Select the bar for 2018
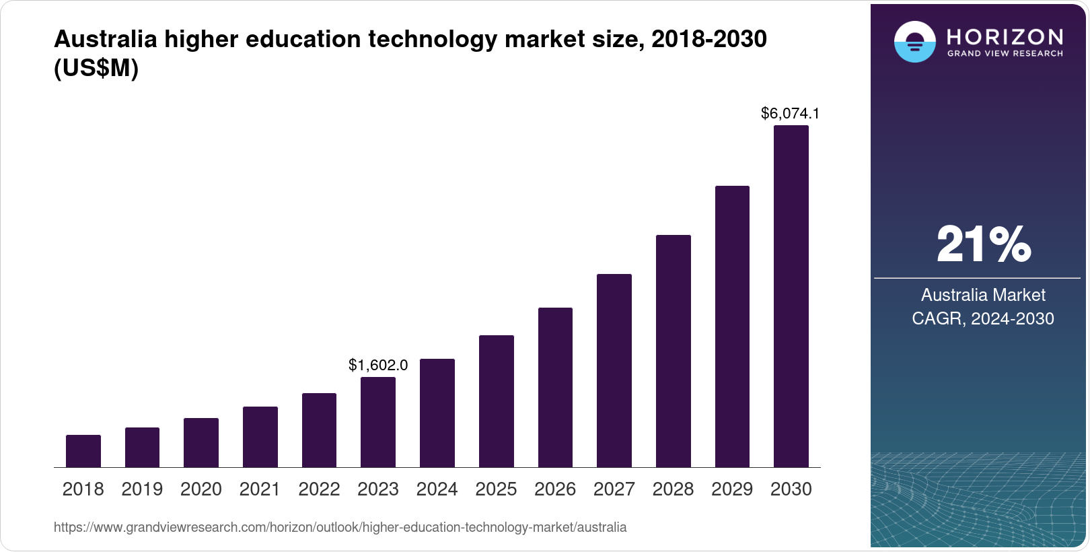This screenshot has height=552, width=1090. (83, 451)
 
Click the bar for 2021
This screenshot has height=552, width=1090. (260, 437)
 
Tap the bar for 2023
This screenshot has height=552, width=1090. (378, 422)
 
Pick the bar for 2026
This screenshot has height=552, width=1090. (555, 387)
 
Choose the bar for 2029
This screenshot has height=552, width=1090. (732, 326)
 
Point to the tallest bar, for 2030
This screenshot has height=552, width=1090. (791, 296)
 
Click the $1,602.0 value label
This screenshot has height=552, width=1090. (378, 365)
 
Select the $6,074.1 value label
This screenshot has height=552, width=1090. (790, 113)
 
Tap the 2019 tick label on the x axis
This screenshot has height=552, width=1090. (142, 489)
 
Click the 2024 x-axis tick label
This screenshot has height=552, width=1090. (437, 489)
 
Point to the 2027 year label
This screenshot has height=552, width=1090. (614, 489)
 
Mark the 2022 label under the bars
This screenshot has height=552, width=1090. (319, 489)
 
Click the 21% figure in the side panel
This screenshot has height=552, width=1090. (983, 244)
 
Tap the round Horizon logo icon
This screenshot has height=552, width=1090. (914, 42)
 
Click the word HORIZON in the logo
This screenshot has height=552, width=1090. (1005, 36)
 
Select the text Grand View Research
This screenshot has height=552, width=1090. (1005, 54)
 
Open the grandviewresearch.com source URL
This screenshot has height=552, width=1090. (340, 528)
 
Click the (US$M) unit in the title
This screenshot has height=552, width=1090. (96, 69)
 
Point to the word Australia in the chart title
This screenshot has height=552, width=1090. (104, 40)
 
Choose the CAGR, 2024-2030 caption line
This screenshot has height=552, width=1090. (983, 318)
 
